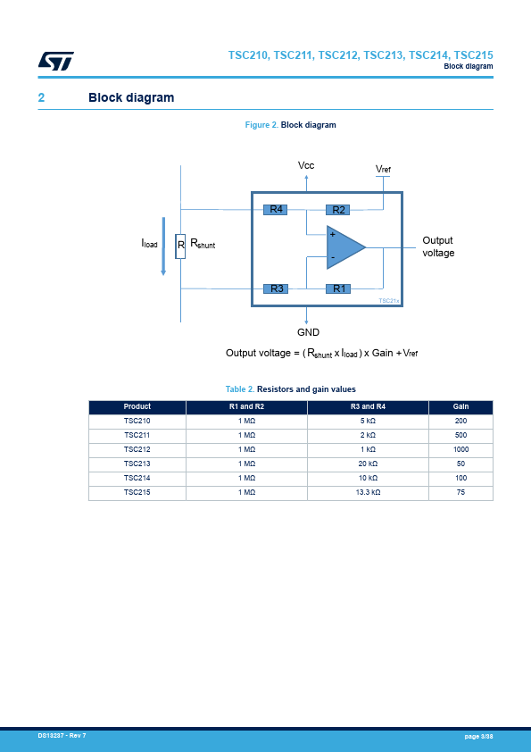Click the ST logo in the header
coord(56,61)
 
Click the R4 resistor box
coord(276,209)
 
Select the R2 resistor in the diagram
coord(338,210)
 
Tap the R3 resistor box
coord(276,288)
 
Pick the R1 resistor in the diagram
coord(338,288)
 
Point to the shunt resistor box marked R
coord(180,246)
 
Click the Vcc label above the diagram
coord(306,165)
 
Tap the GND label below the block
coord(308,332)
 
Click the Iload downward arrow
coord(163,246)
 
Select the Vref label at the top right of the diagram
coord(383,169)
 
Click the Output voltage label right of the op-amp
coord(438,246)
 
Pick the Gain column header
coord(460,406)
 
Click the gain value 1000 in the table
coord(460,449)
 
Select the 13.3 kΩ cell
coord(368,492)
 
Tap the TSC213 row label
coord(137,464)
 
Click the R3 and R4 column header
coord(368,406)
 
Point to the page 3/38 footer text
coord(478,736)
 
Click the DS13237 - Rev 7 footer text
coord(62,735)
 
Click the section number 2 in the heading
coord(41,98)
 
